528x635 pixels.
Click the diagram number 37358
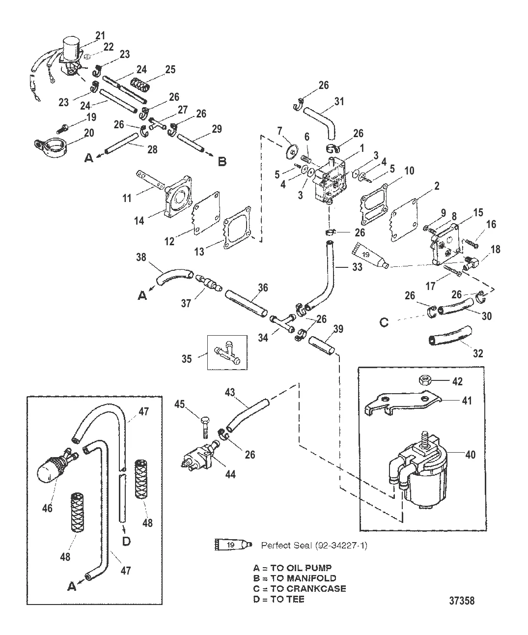(x=461, y=601)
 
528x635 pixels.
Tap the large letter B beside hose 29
(x=222, y=161)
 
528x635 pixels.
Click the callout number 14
(x=139, y=221)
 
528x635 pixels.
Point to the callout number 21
(x=100, y=35)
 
